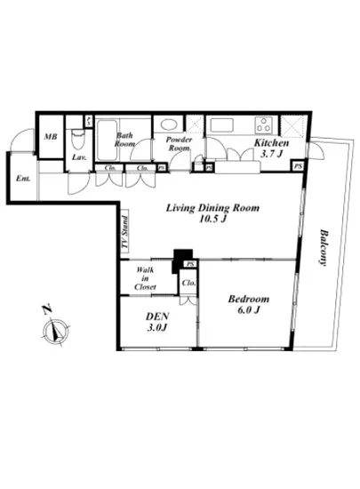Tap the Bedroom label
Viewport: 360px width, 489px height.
(242, 298)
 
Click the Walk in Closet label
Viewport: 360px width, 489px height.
(145, 279)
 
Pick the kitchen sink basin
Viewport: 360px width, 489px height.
(222, 125)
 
